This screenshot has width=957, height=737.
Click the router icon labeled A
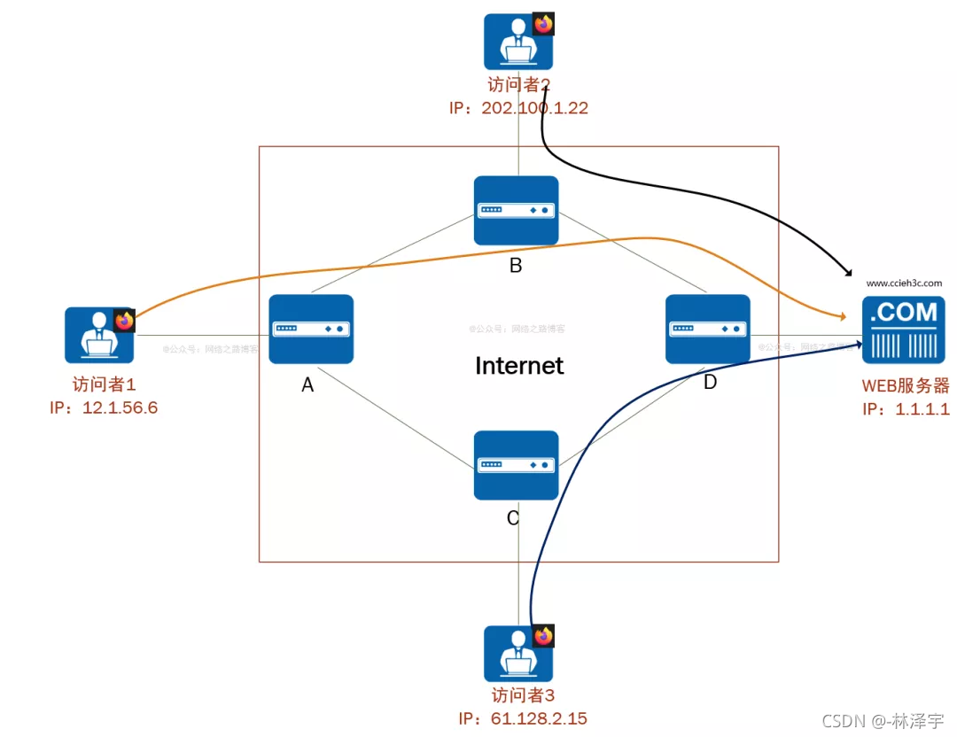coord(311,329)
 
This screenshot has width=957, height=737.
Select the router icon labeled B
coord(516,210)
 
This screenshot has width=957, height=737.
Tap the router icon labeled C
coord(516,465)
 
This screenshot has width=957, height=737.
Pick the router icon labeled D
coord(707,329)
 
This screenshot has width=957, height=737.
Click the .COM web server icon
coord(903,330)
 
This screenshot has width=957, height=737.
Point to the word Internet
coord(519,365)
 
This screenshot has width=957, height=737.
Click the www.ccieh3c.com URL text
coord(904,283)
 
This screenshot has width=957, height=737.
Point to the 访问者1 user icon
coord(98,336)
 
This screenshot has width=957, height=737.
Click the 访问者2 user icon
coord(517,42)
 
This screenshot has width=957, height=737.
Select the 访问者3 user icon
coord(517,654)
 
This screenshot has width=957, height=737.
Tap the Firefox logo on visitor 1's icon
coord(124,321)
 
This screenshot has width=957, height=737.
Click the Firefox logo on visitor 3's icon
coord(543,636)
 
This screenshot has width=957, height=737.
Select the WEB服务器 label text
coord(905,386)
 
